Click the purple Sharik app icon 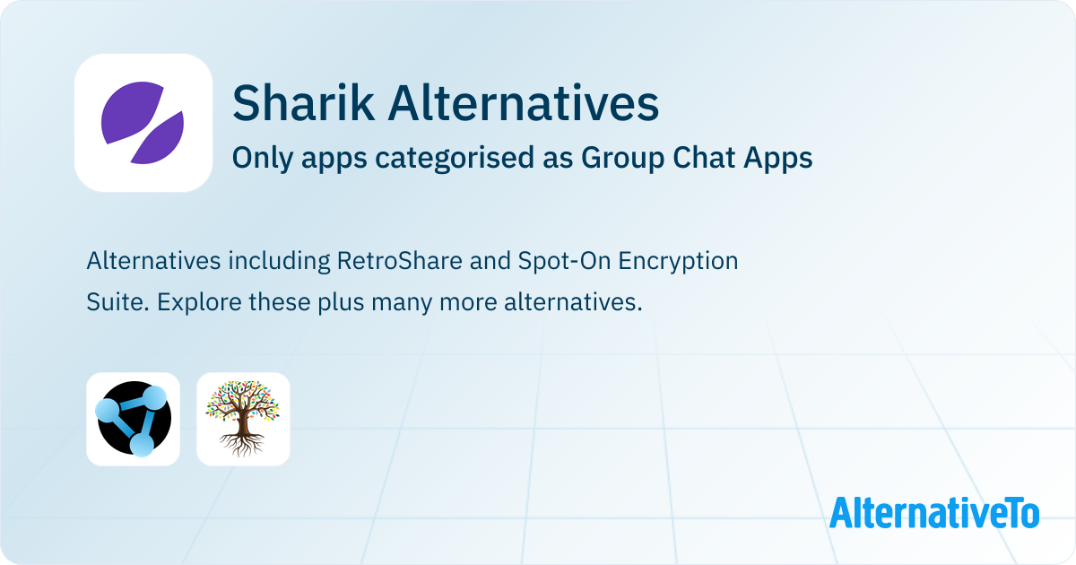click(x=143, y=123)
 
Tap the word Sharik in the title click(x=303, y=103)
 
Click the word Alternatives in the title click(x=524, y=103)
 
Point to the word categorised click(x=455, y=158)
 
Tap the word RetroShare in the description click(x=400, y=261)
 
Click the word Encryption click(x=678, y=262)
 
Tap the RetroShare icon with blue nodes click(x=133, y=419)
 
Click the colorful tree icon click(x=243, y=419)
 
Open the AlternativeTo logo click(x=934, y=512)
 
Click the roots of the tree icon click(x=243, y=444)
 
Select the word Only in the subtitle click(x=262, y=158)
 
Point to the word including click(x=279, y=262)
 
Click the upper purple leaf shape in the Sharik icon click(x=131, y=111)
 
